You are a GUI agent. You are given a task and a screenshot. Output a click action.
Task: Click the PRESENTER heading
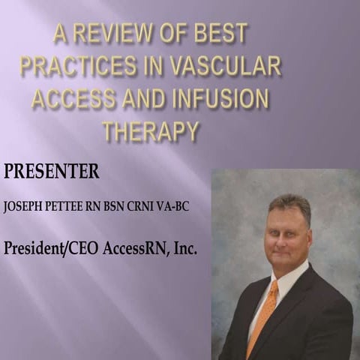(x=51, y=171)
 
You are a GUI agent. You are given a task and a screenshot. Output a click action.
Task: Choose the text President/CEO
(x=47, y=247)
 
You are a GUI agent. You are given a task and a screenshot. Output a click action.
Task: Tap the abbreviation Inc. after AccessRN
(x=184, y=247)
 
